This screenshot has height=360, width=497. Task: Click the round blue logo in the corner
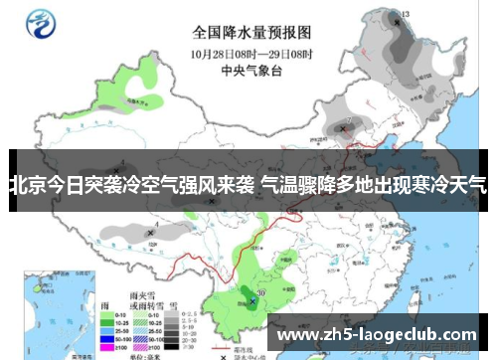[x=43, y=22]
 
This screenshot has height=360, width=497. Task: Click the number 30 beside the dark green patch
[x=260, y=293]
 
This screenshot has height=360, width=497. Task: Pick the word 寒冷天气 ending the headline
[x=450, y=184]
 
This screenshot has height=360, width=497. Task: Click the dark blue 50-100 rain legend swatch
[x=105, y=340]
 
